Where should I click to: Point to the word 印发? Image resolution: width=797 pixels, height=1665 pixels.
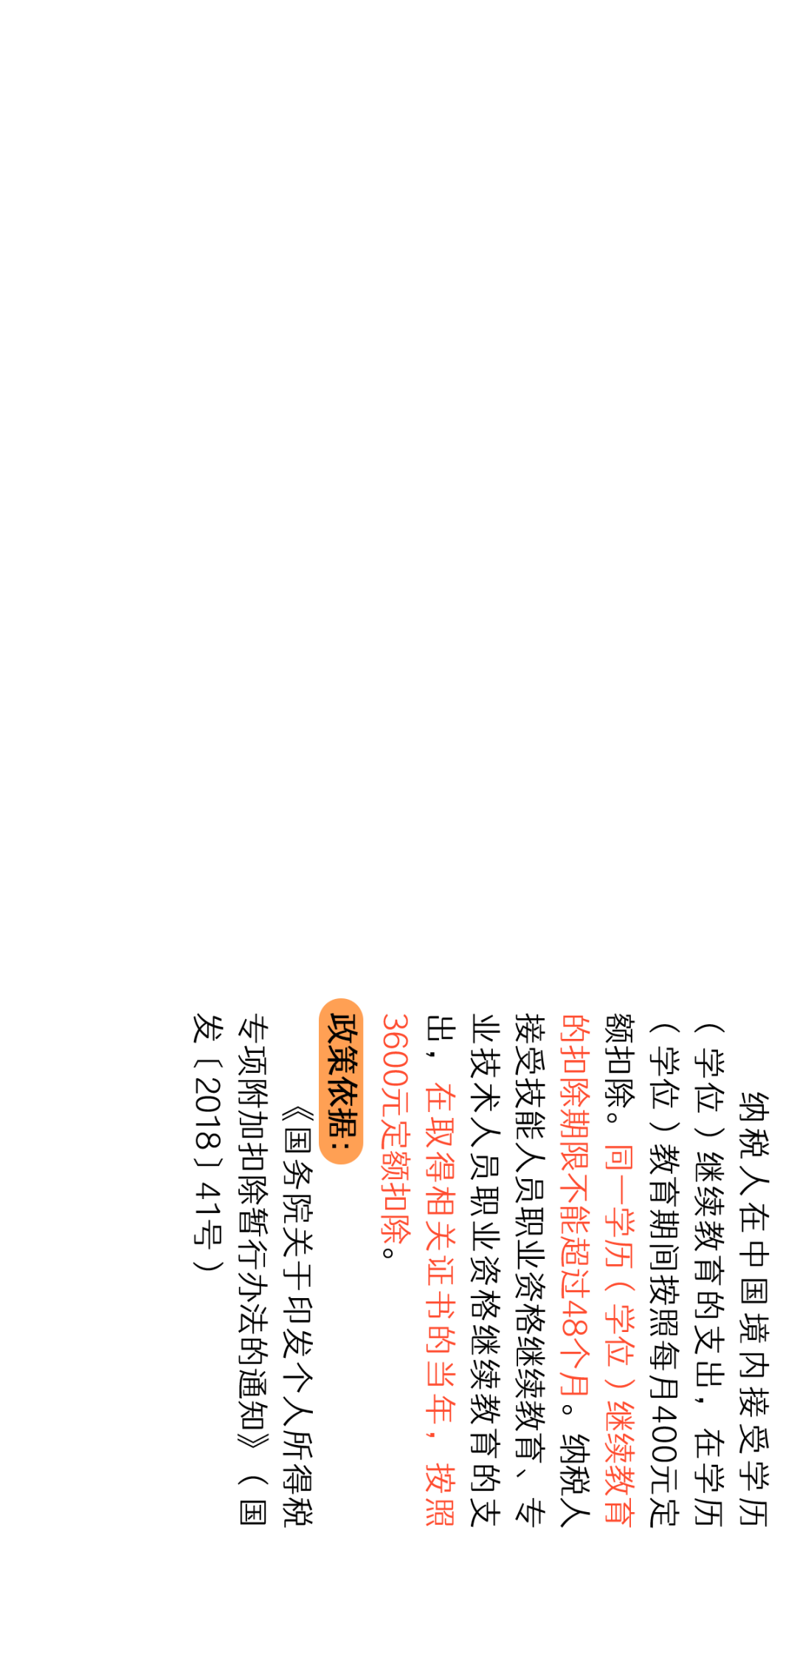click(x=297, y=1321)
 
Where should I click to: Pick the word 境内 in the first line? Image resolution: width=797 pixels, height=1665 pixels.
click(x=753, y=1343)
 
